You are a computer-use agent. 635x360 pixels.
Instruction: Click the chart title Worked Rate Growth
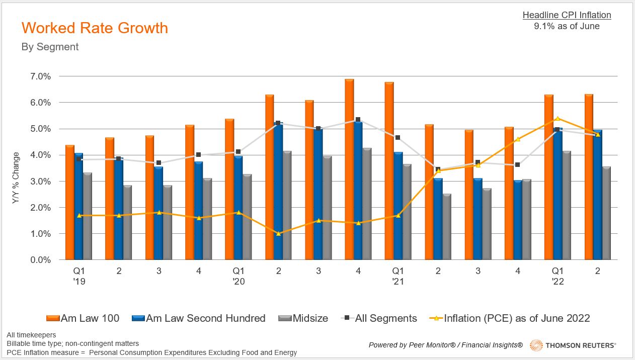pos(95,28)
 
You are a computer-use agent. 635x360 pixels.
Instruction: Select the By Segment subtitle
pos(50,47)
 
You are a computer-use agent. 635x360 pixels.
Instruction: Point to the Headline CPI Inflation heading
pos(567,15)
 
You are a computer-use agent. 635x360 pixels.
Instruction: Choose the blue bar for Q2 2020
pos(278,191)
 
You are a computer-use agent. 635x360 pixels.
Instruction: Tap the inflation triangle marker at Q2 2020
pos(278,234)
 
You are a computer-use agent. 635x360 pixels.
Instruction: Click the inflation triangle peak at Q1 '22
pos(558,119)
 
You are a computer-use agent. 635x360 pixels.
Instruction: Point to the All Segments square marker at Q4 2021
pos(517,164)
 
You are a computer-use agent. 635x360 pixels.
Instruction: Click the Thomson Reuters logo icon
pos(537,345)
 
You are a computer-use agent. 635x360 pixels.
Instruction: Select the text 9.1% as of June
pos(567,26)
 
